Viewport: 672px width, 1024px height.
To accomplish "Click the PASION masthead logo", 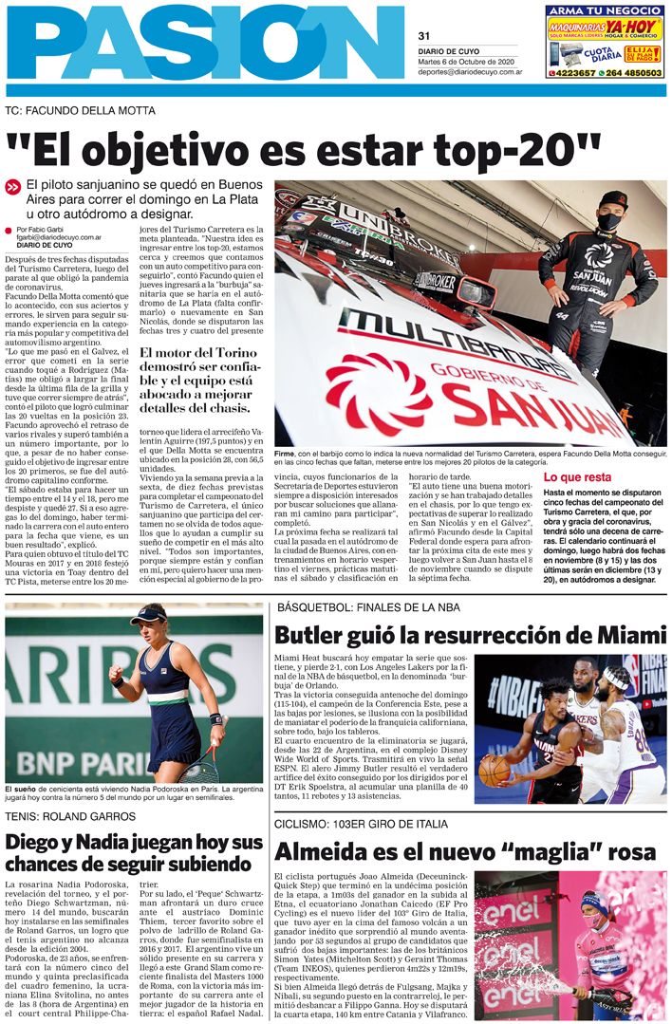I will pos(204,43).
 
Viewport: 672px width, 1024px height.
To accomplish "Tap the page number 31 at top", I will pos(424,36).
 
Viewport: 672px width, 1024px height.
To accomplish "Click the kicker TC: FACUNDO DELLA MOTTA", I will pos(80,111).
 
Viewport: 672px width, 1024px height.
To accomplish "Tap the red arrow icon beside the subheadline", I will pos(12,188).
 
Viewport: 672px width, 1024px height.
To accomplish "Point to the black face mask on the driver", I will pos(608,221).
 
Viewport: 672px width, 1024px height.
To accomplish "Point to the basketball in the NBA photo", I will pos(495,770).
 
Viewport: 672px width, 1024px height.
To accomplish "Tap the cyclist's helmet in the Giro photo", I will pos(592,901).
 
